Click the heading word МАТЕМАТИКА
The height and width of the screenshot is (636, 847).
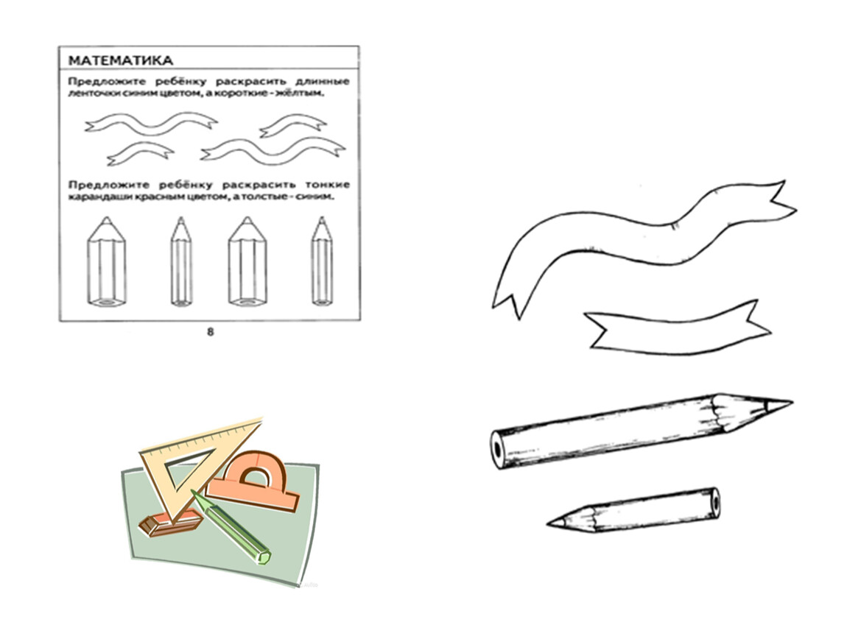click(121, 60)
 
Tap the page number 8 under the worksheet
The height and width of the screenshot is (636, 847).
click(211, 332)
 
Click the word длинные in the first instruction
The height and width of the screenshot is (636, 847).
click(323, 82)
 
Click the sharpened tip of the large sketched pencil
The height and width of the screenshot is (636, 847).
click(791, 401)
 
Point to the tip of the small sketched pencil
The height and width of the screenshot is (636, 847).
click(548, 523)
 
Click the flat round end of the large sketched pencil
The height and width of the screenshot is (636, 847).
click(497, 448)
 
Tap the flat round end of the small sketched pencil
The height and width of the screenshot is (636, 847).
click(714, 502)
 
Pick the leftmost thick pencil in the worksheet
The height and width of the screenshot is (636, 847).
click(106, 262)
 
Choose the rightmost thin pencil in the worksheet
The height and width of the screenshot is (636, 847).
click(322, 262)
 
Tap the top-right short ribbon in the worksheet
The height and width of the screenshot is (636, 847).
click(293, 125)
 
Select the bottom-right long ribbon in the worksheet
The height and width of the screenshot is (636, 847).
click(273, 152)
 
